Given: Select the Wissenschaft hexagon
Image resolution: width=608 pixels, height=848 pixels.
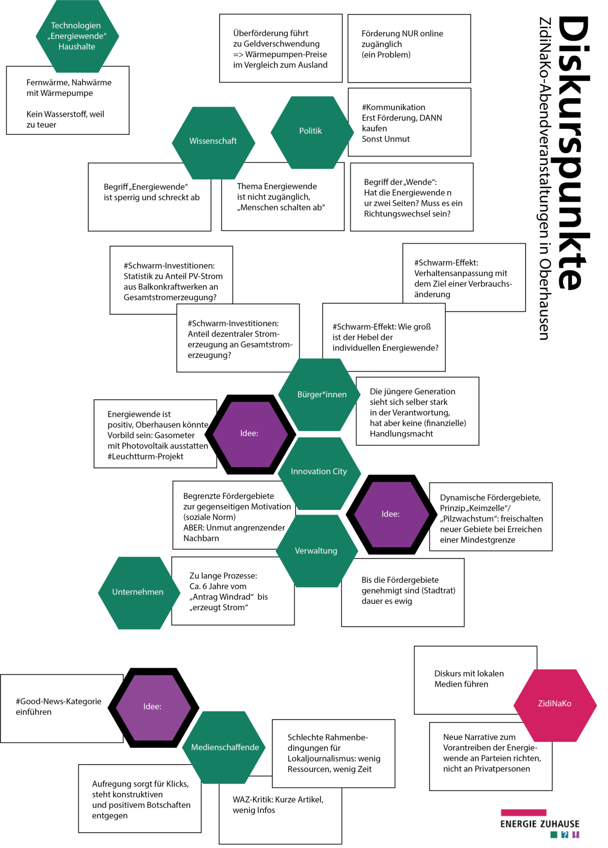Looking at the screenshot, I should [x=214, y=142].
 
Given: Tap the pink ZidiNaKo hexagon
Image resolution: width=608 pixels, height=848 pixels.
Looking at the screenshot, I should [x=555, y=704].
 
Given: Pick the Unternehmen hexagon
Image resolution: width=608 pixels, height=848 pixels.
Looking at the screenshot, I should [x=138, y=592].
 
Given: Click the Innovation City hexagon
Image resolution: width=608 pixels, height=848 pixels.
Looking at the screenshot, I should [x=319, y=472].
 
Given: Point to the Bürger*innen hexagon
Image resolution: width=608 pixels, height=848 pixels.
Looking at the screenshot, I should [x=321, y=394].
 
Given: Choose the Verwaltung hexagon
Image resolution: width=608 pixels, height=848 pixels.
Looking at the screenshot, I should [x=316, y=551].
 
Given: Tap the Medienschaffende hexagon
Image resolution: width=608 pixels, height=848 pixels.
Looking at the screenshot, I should [x=225, y=747].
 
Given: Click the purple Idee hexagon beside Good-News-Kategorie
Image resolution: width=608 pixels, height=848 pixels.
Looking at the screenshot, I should [x=153, y=707].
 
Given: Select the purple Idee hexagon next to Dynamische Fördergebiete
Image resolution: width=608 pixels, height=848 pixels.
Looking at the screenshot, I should [x=390, y=514].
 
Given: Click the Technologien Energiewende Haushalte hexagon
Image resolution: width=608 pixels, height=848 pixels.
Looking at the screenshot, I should [x=77, y=36].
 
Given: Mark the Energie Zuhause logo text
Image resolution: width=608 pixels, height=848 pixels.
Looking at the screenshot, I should [x=540, y=824].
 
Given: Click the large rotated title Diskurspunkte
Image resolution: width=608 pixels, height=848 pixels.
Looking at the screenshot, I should [x=574, y=152].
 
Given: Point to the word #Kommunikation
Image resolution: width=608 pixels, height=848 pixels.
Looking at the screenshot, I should [x=394, y=107].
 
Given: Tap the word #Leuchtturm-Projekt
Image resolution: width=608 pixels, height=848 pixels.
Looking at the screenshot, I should [x=145, y=457].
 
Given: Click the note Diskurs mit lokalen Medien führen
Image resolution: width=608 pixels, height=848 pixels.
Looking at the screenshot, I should [x=469, y=679].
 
